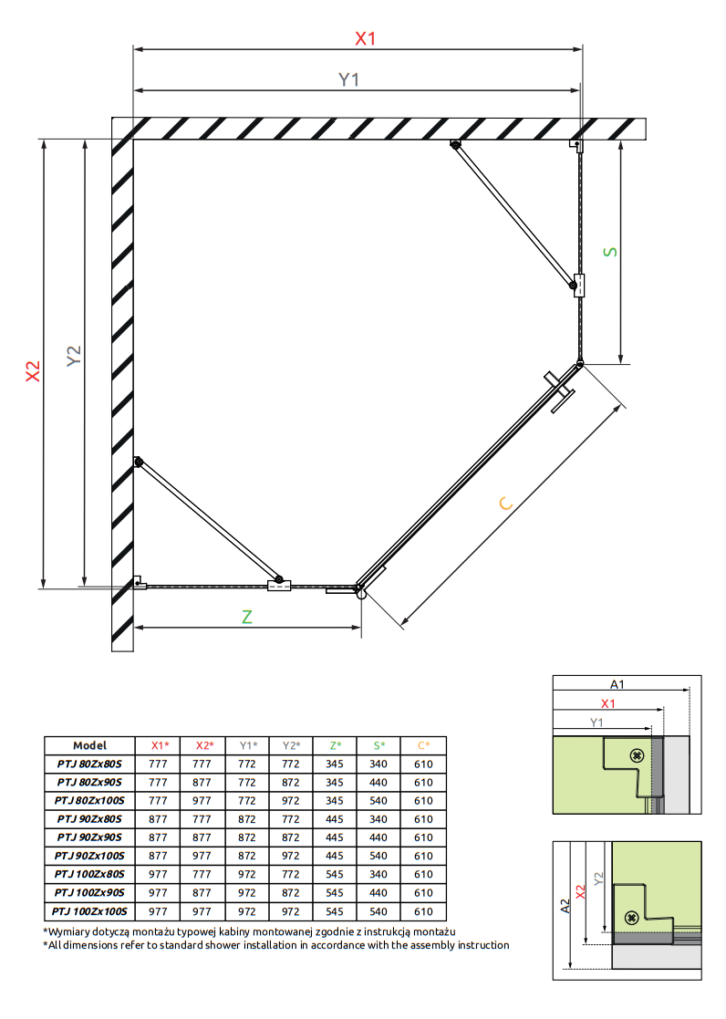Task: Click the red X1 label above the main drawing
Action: click(x=365, y=38)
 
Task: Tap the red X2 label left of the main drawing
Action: click(x=32, y=370)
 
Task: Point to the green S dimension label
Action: click(x=610, y=252)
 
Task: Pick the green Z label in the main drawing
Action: click(x=246, y=617)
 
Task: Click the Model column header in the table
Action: click(x=89, y=745)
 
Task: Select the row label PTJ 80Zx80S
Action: click(x=89, y=764)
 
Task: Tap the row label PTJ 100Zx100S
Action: click(x=88, y=911)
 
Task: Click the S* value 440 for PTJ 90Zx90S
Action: click(x=379, y=837)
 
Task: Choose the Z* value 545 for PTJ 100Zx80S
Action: click(x=335, y=874)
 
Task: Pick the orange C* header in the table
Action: click(x=423, y=745)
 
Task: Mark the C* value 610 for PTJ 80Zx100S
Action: click(x=423, y=801)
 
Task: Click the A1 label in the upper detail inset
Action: click(x=617, y=684)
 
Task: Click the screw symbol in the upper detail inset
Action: click(x=637, y=755)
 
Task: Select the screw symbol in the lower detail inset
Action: click(x=630, y=916)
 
